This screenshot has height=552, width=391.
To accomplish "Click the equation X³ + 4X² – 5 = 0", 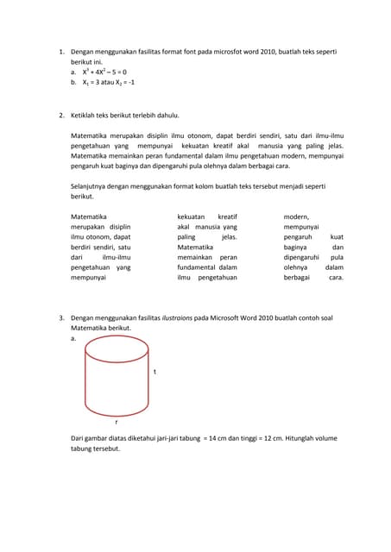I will point(104,72).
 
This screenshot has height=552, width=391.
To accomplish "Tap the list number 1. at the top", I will point(61,53).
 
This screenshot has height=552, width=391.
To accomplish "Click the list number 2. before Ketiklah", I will point(61,115).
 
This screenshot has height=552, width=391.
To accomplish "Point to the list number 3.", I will point(61,318).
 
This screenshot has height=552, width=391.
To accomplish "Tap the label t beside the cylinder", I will point(155,372).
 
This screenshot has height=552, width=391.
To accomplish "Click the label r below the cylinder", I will point(117,422).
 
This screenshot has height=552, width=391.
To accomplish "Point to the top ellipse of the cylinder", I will point(117,348).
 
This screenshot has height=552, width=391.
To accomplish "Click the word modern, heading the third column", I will point(296,217).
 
